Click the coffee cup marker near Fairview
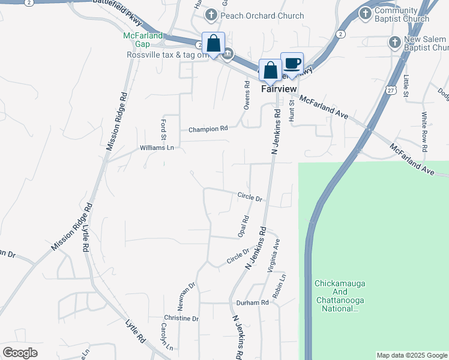click(x=292, y=64)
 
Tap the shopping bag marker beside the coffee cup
click(x=270, y=70)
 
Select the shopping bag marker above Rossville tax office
click(x=213, y=43)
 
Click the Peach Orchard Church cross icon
click(x=211, y=14)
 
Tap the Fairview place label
click(x=279, y=88)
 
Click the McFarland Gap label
click(x=143, y=40)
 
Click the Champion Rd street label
click(x=208, y=129)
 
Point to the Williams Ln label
click(x=157, y=147)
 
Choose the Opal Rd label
click(x=244, y=226)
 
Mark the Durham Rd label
click(x=252, y=303)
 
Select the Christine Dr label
click(x=181, y=318)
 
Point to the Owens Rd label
click(x=247, y=96)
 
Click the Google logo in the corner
click(x=20, y=353)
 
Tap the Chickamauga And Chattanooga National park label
click(x=340, y=296)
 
